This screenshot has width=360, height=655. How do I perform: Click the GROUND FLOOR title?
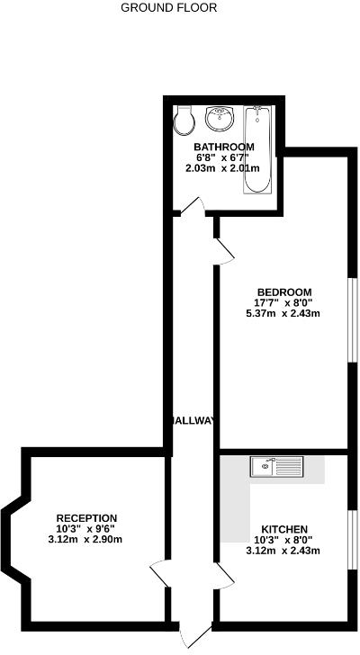168,7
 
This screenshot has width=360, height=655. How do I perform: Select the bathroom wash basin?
219,117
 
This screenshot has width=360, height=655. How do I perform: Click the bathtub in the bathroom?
256,148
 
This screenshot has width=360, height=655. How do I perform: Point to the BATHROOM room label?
223,146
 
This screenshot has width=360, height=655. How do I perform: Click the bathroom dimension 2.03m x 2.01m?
223,167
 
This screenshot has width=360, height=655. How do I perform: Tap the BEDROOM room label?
283,292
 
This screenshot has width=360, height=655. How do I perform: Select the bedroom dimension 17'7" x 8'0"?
283,302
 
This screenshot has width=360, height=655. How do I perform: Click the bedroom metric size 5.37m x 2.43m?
283,314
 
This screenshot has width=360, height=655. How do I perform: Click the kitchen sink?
280,466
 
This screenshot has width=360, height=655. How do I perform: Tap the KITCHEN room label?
284,528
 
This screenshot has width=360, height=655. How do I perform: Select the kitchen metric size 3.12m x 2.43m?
283,551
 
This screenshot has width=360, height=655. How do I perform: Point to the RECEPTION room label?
86,517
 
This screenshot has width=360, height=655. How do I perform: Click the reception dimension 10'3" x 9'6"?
86,528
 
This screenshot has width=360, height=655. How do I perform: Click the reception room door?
158,574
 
